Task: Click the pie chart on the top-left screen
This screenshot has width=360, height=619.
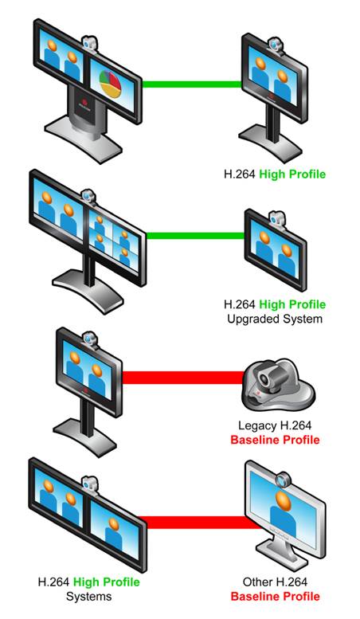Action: tap(110, 84)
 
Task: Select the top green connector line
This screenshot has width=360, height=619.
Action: tap(192, 84)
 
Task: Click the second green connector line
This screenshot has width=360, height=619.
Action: tap(196, 236)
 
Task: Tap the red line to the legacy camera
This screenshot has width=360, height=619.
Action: tap(183, 378)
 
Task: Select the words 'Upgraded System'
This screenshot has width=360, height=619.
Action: tap(275, 319)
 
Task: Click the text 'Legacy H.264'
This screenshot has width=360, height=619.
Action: tap(275, 425)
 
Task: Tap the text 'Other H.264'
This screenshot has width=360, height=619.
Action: tap(275, 582)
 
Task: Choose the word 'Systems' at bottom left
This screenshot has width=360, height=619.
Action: tap(89, 596)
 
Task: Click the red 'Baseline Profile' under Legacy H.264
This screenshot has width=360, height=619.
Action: tap(275, 440)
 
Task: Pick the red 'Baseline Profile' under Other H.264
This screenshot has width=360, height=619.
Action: tap(275, 596)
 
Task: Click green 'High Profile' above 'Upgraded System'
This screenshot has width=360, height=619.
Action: tap(292, 304)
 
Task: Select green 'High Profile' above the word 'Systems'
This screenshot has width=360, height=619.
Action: tap(107, 582)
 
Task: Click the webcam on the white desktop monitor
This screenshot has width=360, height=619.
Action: tap(283, 480)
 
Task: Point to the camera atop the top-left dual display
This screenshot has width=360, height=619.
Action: tap(90, 44)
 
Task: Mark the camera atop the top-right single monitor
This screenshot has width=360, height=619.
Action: tap(273, 45)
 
